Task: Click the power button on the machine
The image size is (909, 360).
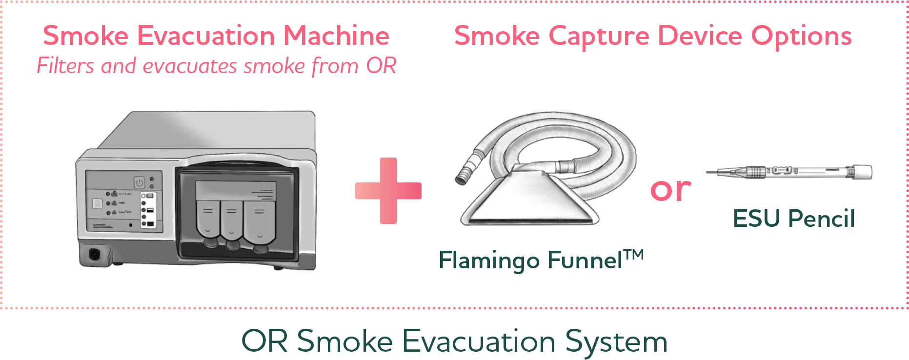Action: tap(140, 183)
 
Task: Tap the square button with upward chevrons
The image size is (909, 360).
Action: tap(98, 204)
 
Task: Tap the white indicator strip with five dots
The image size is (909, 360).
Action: tap(147, 210)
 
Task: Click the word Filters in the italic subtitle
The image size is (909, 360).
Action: tap(65, 66)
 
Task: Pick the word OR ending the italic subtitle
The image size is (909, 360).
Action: tap(381, 66)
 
